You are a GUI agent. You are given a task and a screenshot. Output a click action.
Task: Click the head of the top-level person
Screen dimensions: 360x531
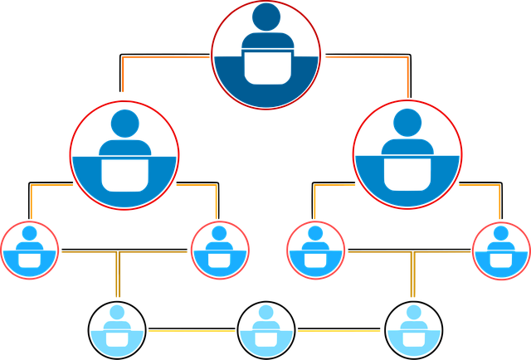(265, 17)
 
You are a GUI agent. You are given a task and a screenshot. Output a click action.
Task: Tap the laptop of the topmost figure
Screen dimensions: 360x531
(265, 68)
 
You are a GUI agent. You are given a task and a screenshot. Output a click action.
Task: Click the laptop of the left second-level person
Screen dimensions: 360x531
(124, 173)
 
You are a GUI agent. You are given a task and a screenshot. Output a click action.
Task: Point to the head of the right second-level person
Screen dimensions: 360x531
(407, 123)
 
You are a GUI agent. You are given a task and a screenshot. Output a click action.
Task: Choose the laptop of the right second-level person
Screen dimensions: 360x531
(407, 173)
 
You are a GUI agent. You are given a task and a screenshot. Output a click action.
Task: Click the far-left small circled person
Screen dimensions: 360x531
(30, 249)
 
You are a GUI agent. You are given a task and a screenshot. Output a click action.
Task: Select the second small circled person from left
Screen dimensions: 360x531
(220, 249)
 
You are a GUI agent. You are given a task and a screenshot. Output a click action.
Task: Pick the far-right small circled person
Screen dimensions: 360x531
(501, 249)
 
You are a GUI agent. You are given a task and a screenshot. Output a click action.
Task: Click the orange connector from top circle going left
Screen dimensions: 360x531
(166, 59)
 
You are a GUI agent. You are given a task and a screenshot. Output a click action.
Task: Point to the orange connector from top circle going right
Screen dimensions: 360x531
(365, 59)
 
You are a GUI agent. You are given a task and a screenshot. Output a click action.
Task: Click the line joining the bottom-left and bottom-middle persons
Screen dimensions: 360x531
(191, 332)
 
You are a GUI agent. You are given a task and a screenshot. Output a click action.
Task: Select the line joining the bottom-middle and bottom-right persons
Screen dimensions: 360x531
(340, 332)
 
